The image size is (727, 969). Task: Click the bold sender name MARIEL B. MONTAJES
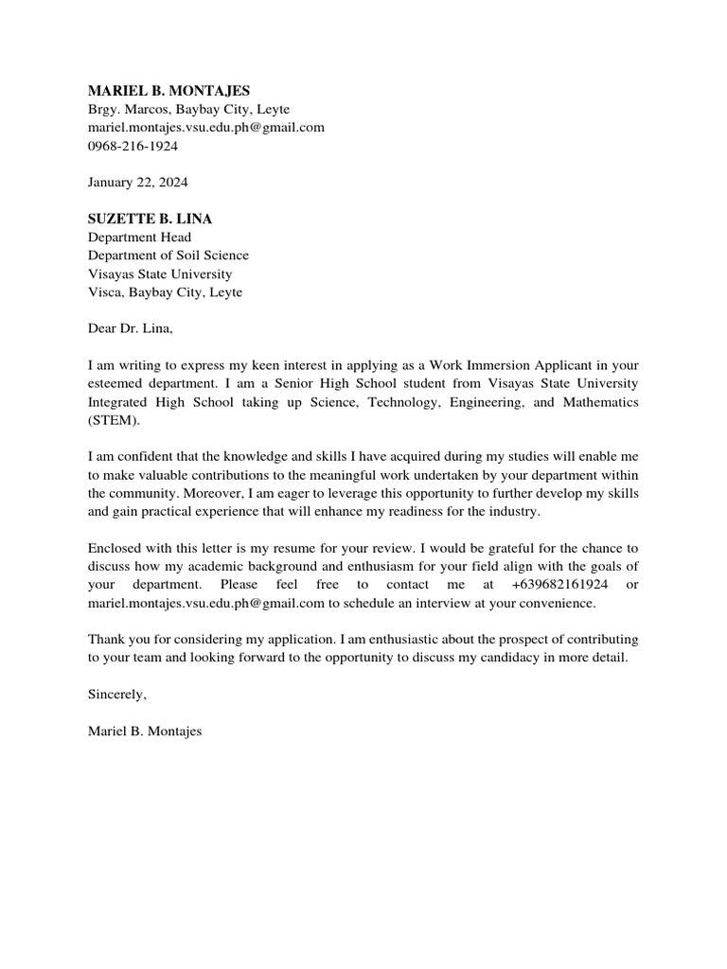168,91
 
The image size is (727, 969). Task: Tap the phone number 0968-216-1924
133,147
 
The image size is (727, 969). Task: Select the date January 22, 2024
137,182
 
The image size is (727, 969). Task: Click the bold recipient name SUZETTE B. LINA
150,219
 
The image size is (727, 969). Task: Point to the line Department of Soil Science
168,255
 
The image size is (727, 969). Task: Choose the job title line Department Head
139,238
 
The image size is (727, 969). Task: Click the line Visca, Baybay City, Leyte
165,292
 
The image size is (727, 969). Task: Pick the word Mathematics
598,402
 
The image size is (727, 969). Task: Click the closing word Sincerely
116,694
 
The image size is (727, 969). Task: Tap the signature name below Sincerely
145,731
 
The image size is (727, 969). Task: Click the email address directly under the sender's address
205,128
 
